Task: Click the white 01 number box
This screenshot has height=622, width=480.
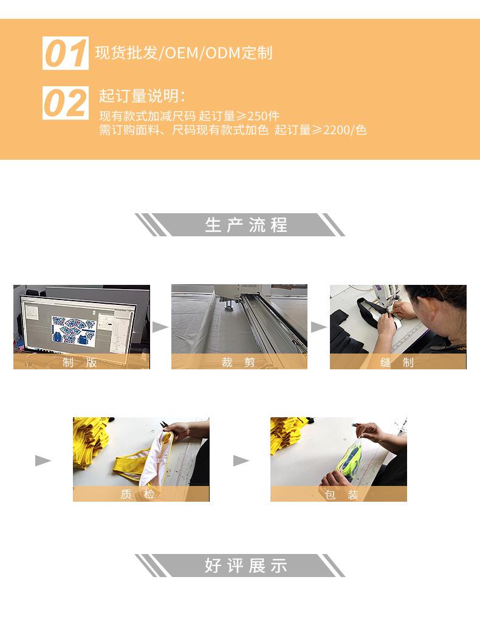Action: (x=66, y=53)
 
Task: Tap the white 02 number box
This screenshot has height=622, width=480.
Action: (x=66, y=103)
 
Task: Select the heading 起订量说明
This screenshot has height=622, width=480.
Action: (x=139, y=96)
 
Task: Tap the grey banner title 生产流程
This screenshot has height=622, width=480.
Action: (x=246, y=225)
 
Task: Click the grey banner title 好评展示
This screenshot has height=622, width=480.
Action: (x=246, y=566)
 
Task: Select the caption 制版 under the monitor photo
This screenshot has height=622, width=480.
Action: (x=80, y=362)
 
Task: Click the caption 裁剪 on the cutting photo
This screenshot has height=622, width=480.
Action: (x=238, y=362)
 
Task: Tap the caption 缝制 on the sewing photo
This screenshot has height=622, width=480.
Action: (x=397, y=362)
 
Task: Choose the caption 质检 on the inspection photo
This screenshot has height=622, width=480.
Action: (x=138, y=494)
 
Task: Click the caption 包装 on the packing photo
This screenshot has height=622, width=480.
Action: (x=341, y=494)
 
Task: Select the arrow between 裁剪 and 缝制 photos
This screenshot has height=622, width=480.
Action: (x=318, y=327)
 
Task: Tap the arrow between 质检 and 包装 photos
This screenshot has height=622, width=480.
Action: (x=241, y=460)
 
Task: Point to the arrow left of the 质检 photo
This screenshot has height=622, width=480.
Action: (x=43, y=460)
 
